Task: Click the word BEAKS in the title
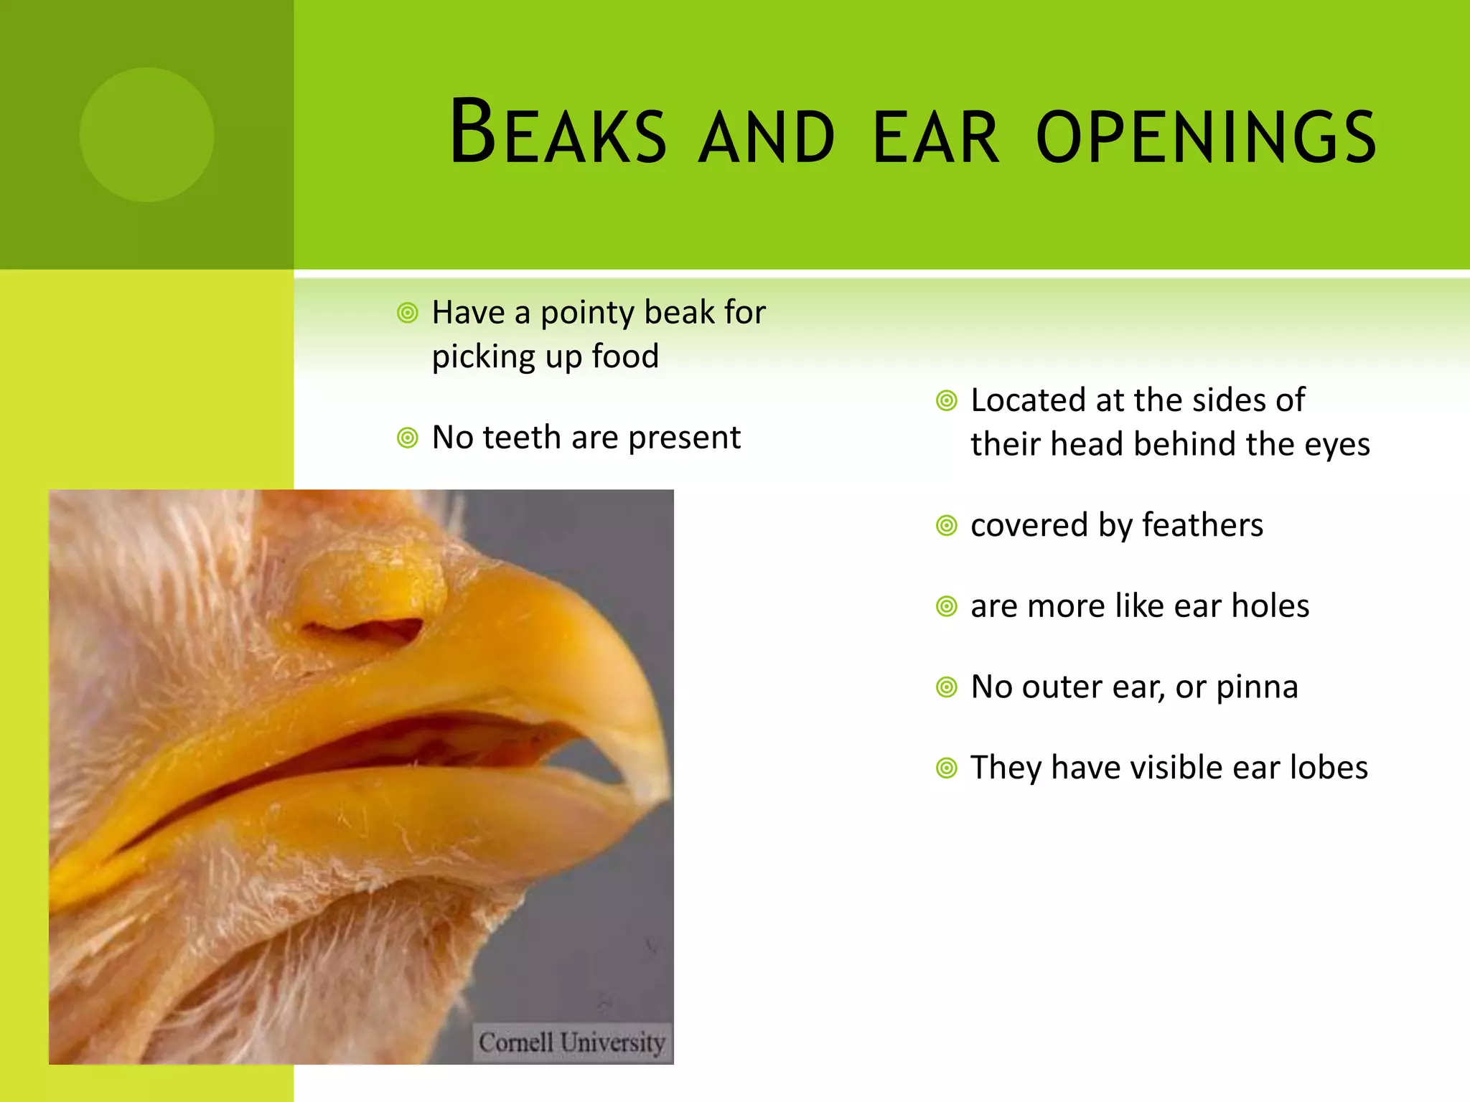click(558, 133)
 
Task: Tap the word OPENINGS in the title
click(1206, 136)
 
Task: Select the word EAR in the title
click(935, 136)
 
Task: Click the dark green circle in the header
click(146, 134)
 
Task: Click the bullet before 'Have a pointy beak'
click(407, 313)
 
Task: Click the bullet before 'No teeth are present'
click(407, 438)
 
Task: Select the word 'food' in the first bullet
click(624, 357)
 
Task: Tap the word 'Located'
click(1027, 400)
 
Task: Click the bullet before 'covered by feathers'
click(946, 526)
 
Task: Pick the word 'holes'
click(1270, 606)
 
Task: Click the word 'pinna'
click(1257, 687)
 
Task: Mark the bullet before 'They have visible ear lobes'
click(946, 768)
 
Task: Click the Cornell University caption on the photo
click(571, 1042)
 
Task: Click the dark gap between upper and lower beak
click(402, 746)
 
